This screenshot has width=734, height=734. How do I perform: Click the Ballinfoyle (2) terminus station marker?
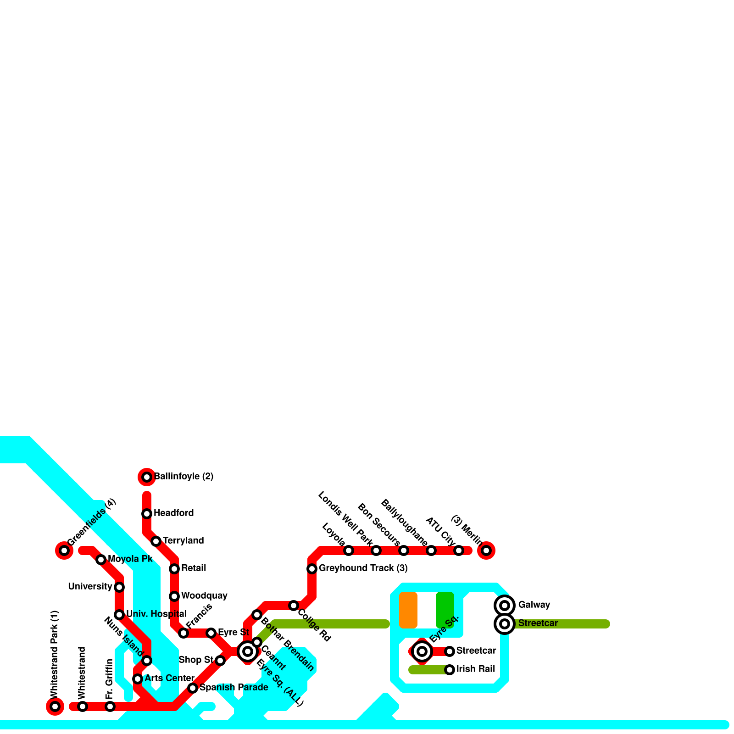[147, 477]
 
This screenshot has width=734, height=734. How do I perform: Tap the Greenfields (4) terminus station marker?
[64, 550]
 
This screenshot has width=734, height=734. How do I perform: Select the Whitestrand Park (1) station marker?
[55, 706]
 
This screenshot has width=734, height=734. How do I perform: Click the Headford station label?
[173, 513]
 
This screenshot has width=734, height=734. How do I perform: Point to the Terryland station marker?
[156, 541]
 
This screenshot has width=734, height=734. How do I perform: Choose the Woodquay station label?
[204, 595]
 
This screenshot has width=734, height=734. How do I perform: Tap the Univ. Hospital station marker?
[119, 615]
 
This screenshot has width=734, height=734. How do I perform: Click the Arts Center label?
[169, 678]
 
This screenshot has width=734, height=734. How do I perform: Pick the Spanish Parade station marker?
[193, 688]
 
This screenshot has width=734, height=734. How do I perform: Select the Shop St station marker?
[220, 661]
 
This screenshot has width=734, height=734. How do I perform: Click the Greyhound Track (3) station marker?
[312, 569]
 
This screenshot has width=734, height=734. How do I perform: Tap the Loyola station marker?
[349, 550]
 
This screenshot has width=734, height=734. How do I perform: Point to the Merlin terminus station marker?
[486, 550]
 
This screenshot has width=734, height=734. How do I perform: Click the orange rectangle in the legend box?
[408, 610]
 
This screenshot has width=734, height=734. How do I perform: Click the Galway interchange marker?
[505, 606]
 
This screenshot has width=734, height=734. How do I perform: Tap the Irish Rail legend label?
[475, 669]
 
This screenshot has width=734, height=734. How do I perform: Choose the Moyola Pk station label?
[130, 559]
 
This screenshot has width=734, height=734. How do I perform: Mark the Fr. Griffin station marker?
[110, 706]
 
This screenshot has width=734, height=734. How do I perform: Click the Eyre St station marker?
[211, 633]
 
